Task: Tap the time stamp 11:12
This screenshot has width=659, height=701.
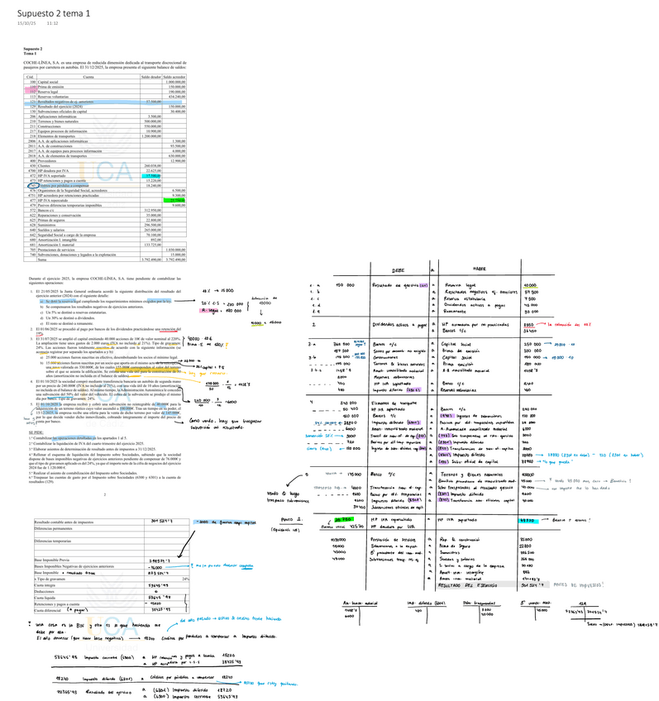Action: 52,22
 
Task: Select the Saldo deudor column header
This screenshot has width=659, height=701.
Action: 150,77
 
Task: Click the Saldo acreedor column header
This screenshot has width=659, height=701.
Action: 174,77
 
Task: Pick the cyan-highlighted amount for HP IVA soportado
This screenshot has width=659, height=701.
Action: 152,176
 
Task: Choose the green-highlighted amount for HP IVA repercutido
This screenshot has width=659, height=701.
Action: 175,201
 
